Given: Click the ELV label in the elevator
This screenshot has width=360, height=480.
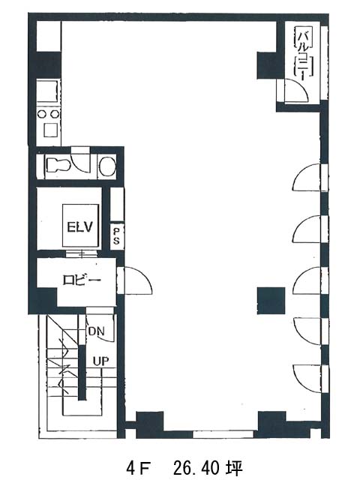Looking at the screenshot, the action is pos(80,227).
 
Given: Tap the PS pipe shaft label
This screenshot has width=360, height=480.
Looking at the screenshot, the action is pos(116,236).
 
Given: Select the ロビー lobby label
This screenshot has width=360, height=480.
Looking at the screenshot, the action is pos(82,280).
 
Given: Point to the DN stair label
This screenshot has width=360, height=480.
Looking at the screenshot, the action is pos(97,331).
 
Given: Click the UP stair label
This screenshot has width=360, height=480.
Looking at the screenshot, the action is pos(100,361).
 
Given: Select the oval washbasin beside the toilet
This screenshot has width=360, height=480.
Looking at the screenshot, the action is pos(107,166).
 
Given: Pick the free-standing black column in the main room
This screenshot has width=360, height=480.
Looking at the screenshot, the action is pos(271,301).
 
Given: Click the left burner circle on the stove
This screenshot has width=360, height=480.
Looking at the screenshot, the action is pos(42,114).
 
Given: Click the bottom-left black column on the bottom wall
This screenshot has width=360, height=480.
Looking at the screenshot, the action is pos(150,425).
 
